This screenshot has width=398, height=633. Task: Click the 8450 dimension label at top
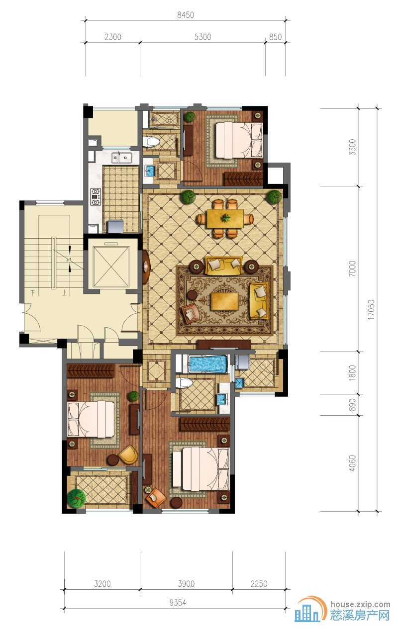[x=186, y=15]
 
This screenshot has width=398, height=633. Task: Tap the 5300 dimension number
[x=202, y=37]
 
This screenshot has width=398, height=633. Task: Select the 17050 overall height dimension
[x=371, y=310]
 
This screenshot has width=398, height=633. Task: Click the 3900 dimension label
[x=186, y=584]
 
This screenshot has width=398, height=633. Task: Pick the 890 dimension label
[x=352, y=405]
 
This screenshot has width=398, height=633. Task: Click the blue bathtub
[x=208, y=363]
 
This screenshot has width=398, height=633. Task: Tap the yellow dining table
[x=225, y=218]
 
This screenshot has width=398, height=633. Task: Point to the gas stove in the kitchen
[x=95, y=197]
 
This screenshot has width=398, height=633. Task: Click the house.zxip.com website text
[x=360, y=605]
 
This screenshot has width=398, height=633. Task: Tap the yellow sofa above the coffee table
[x=224, y=265]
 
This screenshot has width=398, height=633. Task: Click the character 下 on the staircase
[x=33, y=293]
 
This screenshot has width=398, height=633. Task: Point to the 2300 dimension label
[x=113, y=37]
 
